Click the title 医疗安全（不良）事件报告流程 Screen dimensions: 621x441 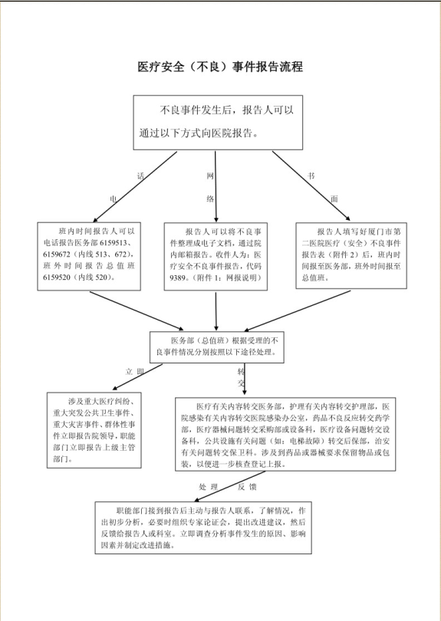(x=220, y=67)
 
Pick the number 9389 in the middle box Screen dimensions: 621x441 (x=183, y=277)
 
